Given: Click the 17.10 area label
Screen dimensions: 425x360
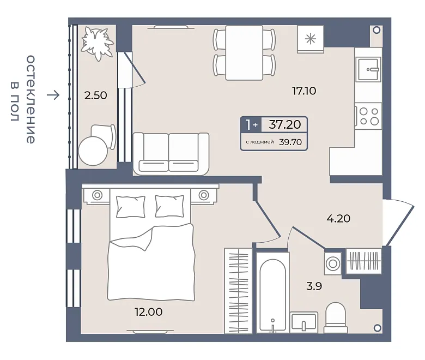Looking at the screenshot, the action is coord(304,91).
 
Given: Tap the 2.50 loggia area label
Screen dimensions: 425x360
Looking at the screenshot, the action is coord(95,95).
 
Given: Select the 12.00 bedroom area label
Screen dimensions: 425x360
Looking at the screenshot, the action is coord(149,312).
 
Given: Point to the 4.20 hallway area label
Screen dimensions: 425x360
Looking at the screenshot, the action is coord(338,218).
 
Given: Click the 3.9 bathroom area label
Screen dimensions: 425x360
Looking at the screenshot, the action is coord(314,286).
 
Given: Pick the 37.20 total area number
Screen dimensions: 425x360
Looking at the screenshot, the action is coord(284,124).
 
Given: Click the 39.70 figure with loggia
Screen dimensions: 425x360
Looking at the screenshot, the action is coord(290,142).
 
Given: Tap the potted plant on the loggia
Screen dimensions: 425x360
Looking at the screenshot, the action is coord(98,43).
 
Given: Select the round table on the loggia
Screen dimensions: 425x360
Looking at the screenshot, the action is coord(93,151).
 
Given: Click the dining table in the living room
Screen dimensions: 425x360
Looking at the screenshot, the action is coord(244,53).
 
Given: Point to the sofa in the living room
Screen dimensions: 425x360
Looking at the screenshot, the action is coord(171,153).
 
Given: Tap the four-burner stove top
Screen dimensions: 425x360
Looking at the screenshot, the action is coord(369,116).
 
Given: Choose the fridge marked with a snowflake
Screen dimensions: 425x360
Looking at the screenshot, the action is coord(311,39).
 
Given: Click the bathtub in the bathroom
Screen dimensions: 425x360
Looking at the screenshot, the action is coord(272,292).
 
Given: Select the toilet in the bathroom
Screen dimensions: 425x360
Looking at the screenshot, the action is coord(336,317).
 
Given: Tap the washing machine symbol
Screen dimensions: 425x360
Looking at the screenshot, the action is coord(332,263).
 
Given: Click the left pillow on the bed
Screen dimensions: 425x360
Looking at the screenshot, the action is coord(130,207).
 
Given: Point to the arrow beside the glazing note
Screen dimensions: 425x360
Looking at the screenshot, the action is coord(53,95).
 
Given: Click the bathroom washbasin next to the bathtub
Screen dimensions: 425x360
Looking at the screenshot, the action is coord(303,322).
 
